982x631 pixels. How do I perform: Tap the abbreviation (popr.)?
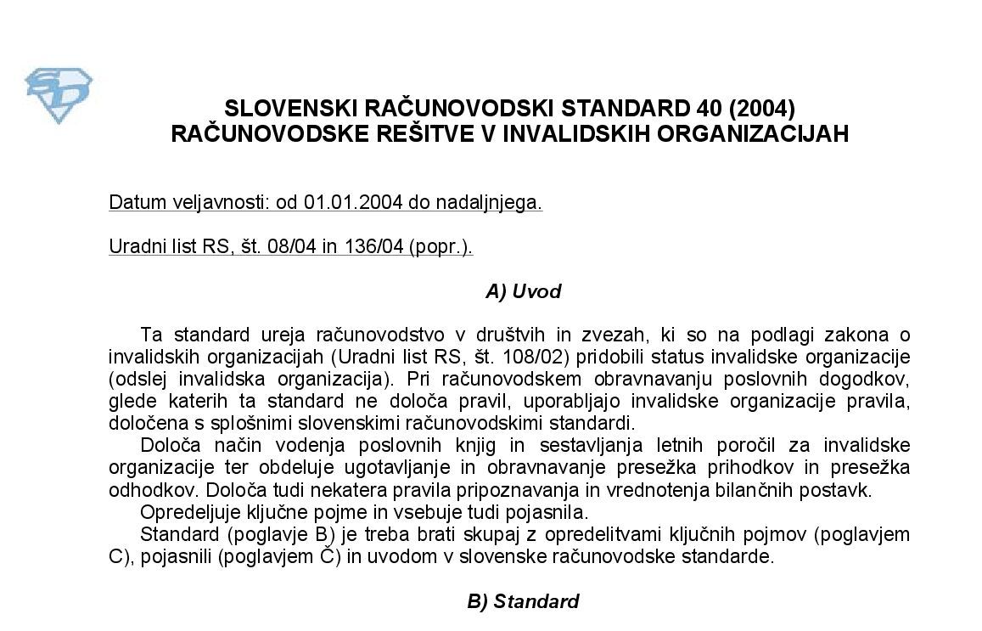[x=440, y=247]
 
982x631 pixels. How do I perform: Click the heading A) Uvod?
[x=523, y=292]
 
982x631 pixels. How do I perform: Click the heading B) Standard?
[x=523, y=602]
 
